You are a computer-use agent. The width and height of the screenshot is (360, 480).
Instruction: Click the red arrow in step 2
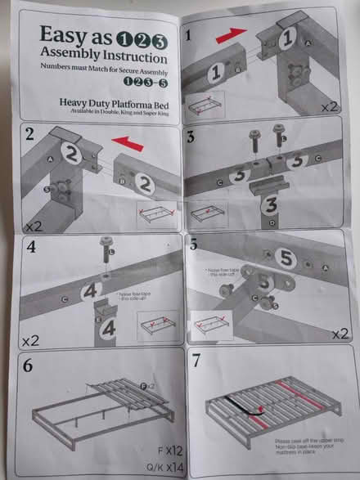124,144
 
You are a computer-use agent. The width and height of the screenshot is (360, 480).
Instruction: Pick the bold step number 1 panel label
191,35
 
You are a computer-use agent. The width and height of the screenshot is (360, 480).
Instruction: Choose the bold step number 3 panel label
191,136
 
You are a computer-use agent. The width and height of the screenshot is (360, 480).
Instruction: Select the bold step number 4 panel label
30,245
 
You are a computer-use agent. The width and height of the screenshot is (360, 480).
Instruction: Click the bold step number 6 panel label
29,365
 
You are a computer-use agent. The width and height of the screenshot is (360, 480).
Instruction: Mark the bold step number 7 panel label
196,361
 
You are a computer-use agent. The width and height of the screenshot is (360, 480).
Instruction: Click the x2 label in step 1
330,106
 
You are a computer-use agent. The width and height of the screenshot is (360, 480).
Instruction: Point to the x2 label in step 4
29,339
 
